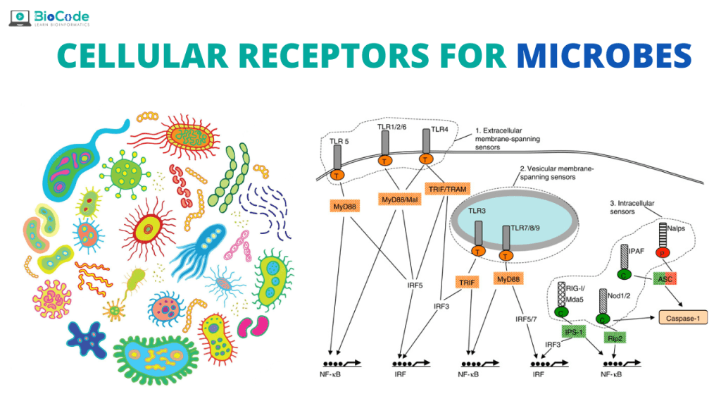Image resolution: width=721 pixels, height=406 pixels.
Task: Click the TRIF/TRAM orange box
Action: pos(447,189)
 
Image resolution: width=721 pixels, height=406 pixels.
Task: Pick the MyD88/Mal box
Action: pos(399,200)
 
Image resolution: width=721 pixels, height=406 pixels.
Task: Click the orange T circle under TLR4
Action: pos(425,159)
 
